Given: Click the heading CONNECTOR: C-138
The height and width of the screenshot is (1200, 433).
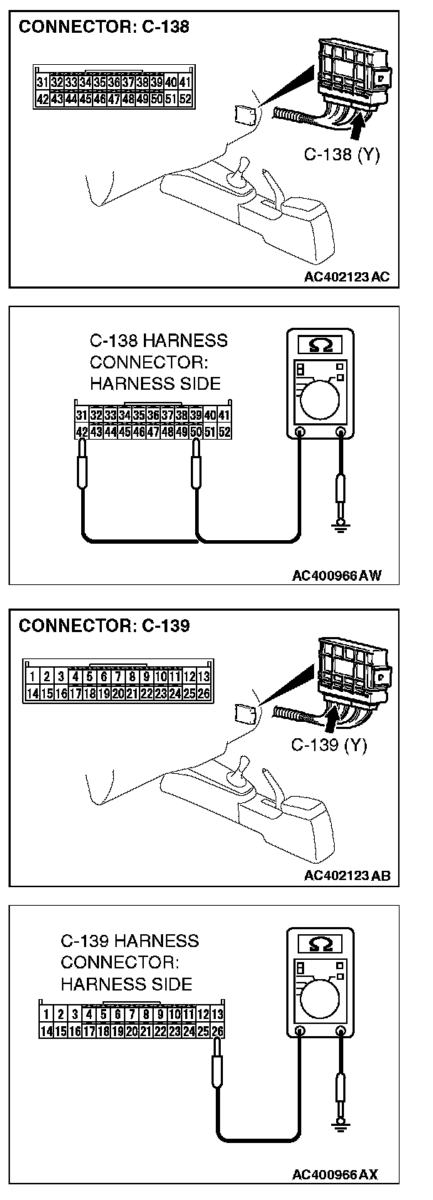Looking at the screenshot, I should (104, 28).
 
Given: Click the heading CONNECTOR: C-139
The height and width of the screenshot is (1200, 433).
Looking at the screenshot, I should (104, 626).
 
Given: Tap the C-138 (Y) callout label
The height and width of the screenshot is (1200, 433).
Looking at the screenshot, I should (342, 153).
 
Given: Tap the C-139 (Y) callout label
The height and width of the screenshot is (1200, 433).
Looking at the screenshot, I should (329, 745).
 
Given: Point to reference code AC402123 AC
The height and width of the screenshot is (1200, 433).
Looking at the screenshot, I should (346, 276).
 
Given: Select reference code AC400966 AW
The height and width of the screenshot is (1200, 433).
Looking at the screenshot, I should (336, 576).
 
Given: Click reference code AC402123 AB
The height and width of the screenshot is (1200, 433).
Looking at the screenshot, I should (346, 876).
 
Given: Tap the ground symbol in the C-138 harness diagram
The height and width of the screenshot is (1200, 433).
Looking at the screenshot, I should (341, 527).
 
